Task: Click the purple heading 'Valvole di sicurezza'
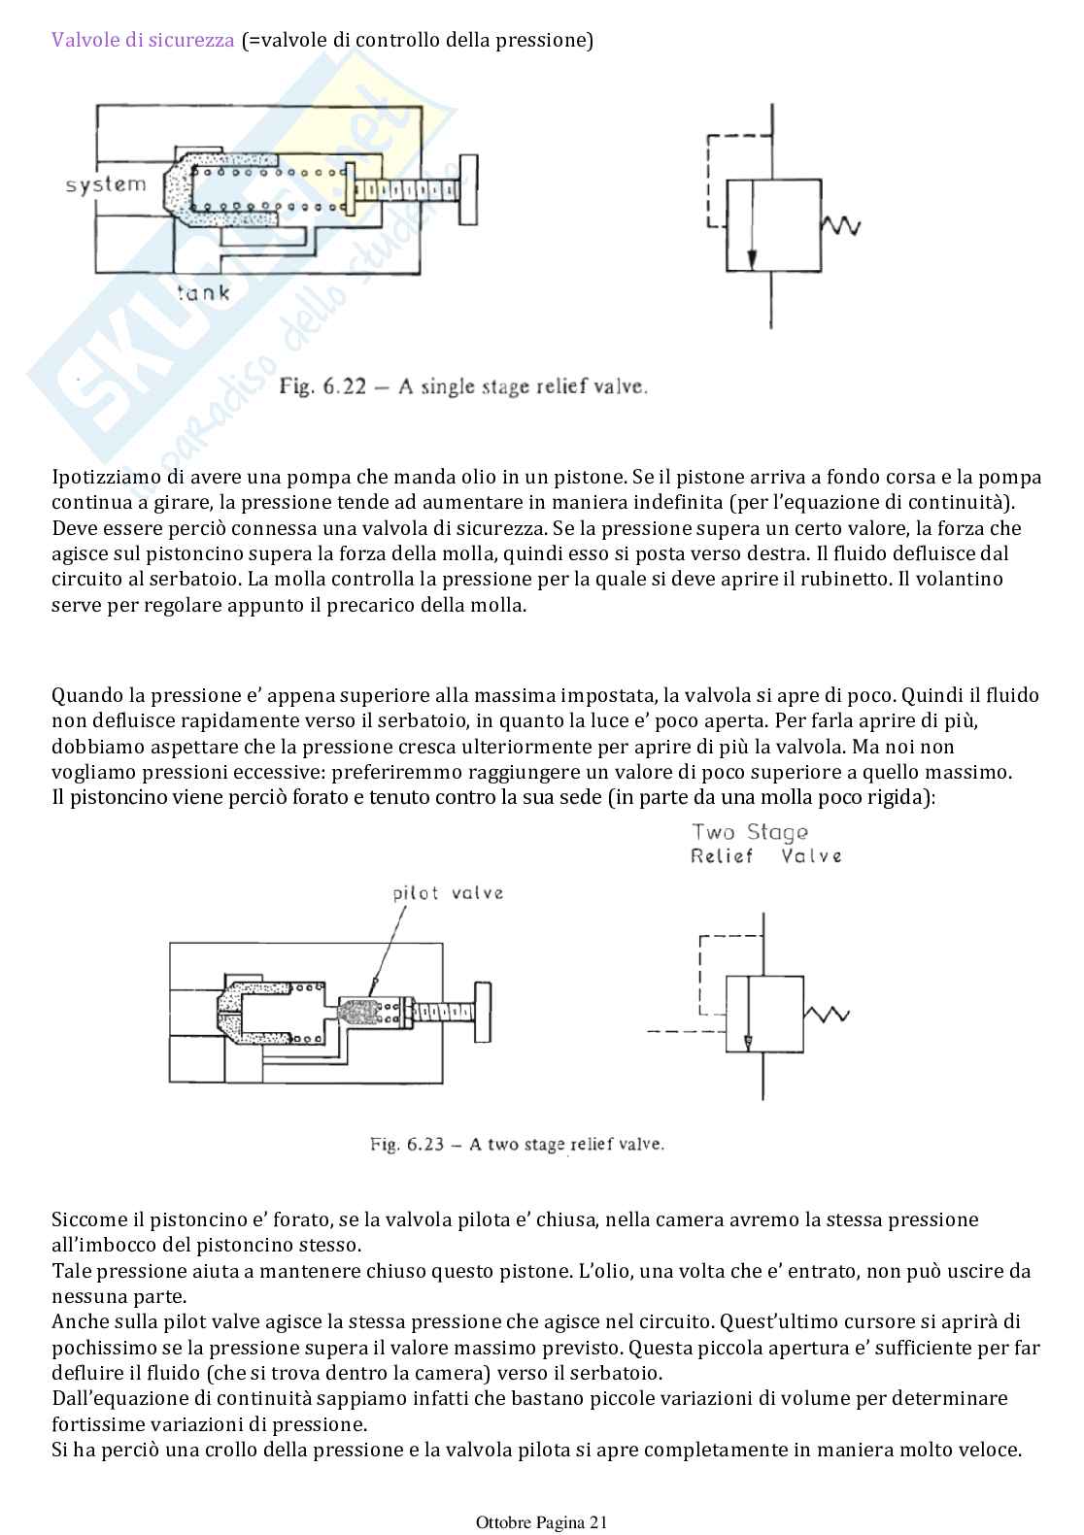143,41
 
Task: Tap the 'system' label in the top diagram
106,184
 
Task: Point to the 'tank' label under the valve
203,291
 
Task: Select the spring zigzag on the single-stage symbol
840,225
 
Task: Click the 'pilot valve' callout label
448,892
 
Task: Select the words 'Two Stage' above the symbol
749,832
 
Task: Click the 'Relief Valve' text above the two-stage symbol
765,855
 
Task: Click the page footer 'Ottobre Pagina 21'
541,1521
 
